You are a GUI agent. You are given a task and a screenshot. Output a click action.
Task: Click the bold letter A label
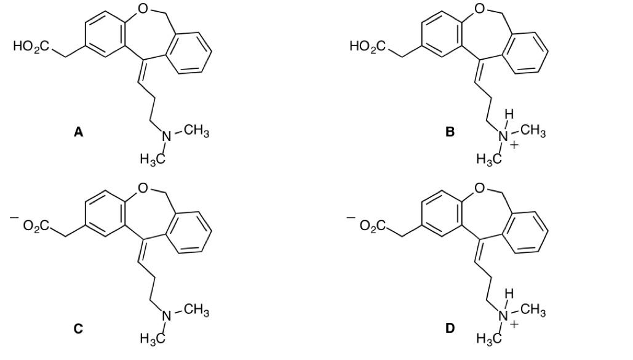click(x=78, y=132)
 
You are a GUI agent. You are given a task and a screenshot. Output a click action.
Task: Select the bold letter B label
click(x=450, y=132)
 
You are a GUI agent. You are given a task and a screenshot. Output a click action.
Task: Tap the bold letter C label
click(x=78, y=329)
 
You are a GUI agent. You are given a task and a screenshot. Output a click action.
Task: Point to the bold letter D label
click(x=450, y=329)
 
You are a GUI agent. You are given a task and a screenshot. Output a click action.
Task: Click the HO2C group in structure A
click(x=31, y=46)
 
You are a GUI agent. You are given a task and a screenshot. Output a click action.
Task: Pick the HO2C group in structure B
click(x=368, y=46)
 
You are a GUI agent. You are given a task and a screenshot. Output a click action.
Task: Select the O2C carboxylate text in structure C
click(x=36, y=225)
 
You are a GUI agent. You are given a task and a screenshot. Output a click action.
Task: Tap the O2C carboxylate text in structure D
click(x=373, y=225)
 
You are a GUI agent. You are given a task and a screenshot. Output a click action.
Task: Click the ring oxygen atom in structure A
click(x=143, y=8)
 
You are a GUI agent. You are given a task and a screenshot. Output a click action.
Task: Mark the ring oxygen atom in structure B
click(x=479, y=8)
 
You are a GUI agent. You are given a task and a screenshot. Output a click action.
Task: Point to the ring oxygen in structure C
click(x=143, y=188)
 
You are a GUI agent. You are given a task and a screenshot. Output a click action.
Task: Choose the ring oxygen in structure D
click(x=479, y=188)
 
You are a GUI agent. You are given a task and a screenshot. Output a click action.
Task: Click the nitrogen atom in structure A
click(x=167, y=137)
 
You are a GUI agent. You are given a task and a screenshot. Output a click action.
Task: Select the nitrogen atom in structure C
click(x=167, y=316)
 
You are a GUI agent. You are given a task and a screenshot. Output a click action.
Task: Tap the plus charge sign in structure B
click(x=513, y=145)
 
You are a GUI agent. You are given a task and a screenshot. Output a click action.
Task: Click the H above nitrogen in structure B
click(x=509, y=114)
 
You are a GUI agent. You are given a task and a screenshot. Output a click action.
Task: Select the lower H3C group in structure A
click(x=153, y=159)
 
